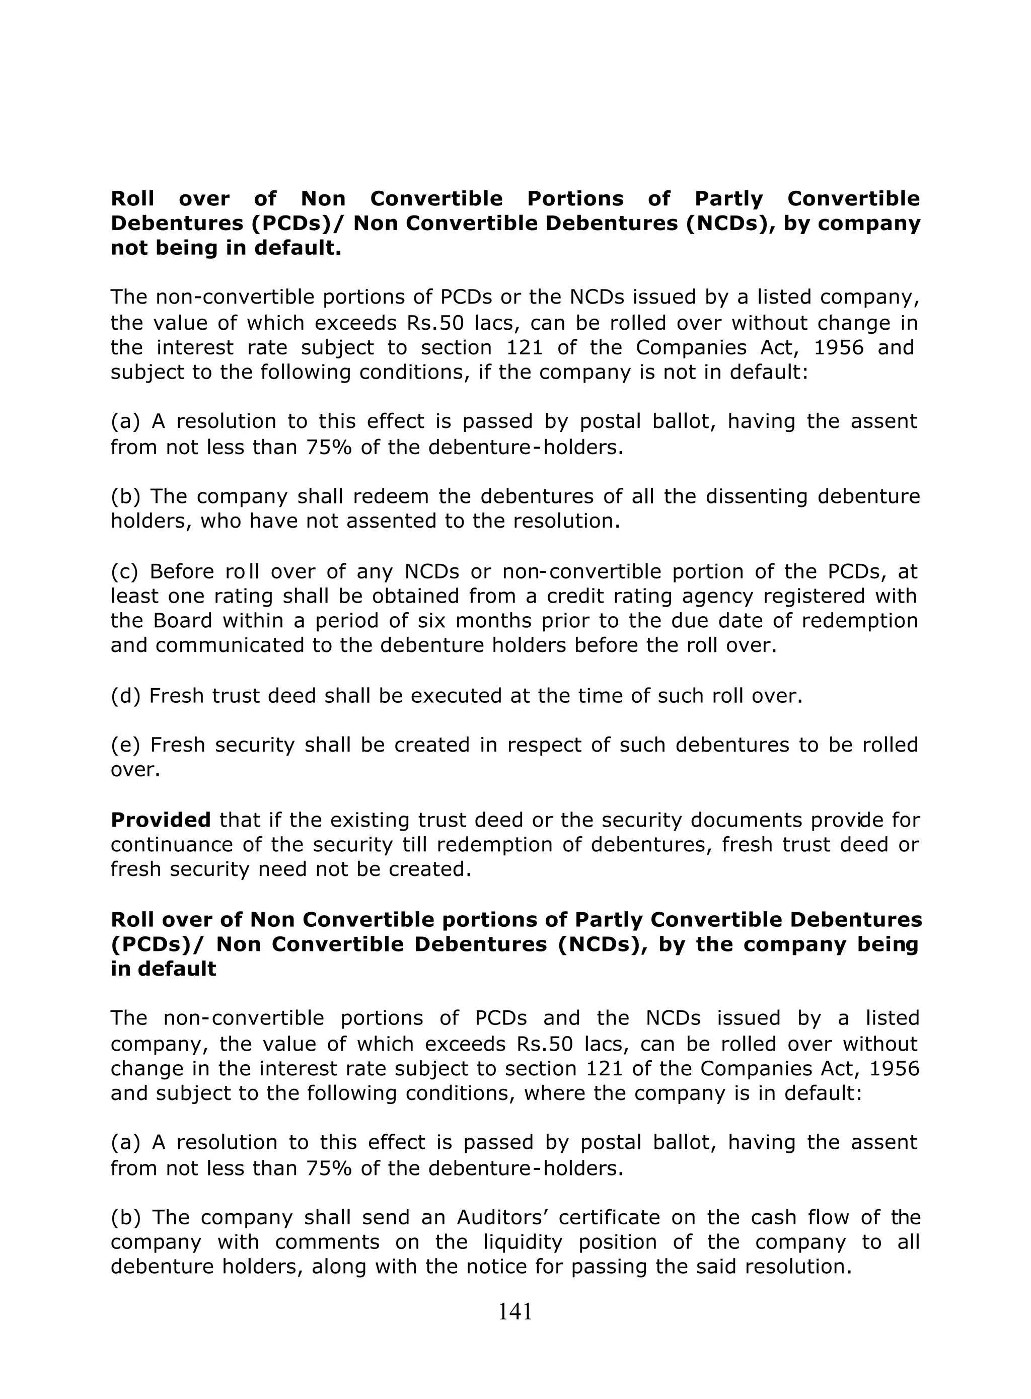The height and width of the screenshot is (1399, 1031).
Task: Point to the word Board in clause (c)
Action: (x=183, y=621)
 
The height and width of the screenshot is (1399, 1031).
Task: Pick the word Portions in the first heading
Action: (x=575, y=198)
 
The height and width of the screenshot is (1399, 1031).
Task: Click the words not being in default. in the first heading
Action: (x=226, y=248)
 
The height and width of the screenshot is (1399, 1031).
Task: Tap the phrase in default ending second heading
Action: (x=164, y=969)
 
